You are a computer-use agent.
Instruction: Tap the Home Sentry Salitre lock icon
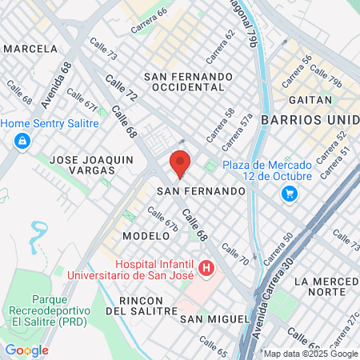(x=22, y=142)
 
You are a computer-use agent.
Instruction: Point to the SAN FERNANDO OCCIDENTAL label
(x=187, y=82)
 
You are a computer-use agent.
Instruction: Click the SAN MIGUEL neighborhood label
(x=215, y=318)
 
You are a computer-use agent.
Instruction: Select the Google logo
(x=27, y=350)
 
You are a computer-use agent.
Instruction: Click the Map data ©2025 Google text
(x=311, y=354)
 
